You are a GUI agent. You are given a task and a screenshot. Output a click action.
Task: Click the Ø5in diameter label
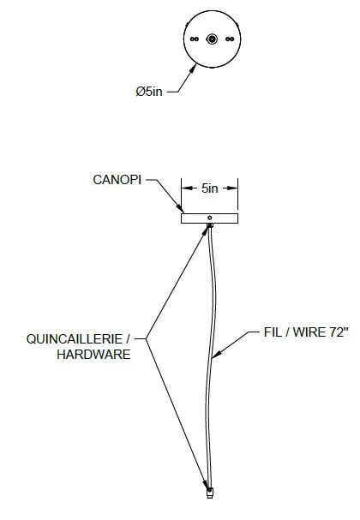click(x=149, y=91)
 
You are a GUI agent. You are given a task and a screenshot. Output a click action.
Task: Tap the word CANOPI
click(x=117, y=180)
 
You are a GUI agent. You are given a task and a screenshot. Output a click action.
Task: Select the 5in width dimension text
click(x=210, y=188)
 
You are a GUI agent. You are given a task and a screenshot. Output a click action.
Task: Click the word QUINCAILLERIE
click(x=75, y=339)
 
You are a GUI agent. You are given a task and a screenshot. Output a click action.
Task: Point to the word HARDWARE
click(x=93, y=354)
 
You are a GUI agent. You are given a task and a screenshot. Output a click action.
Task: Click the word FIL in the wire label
click(x=272, y=332)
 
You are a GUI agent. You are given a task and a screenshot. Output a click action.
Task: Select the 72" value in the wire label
click(x=339, y=332)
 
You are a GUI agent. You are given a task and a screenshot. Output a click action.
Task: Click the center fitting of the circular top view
click(x=212, y=39)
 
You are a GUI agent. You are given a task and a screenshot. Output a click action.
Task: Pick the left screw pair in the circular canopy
click(x=195, y=39)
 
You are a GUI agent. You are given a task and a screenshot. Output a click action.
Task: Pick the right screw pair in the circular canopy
click(x=230, y=39)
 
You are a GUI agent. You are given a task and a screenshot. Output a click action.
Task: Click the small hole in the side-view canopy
click(x=210, y=218)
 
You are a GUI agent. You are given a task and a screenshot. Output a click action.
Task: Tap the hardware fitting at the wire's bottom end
click(x=209, y=493)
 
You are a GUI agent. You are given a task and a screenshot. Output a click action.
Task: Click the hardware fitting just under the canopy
click(x=210, y=225)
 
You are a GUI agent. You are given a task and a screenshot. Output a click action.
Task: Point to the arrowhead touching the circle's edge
click(x=193, y=69)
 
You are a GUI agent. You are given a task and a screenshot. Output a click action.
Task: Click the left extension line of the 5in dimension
click(x=182, y=194)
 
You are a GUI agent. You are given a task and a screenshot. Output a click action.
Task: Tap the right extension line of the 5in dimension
click(x=238, y=194)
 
